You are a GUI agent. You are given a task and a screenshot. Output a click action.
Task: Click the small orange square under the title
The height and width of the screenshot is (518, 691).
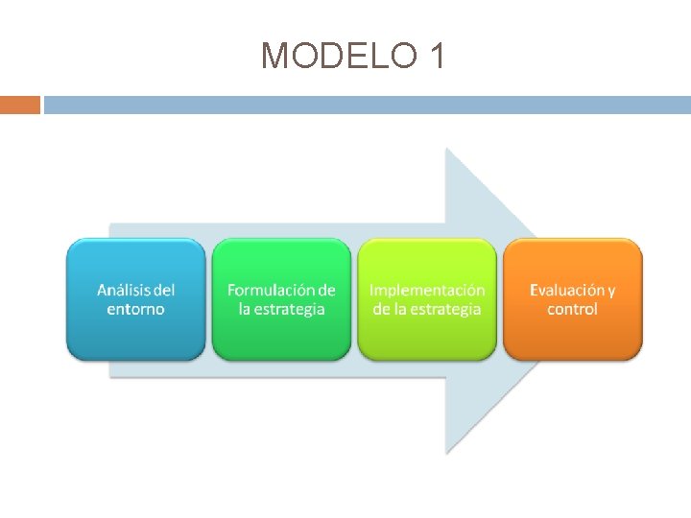[20, 105]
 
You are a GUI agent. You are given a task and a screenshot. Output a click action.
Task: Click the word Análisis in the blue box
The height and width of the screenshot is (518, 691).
[124, 290]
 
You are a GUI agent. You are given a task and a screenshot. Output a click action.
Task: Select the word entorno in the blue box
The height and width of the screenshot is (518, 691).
[136, 309]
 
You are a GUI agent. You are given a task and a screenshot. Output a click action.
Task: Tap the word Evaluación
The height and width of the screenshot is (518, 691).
[565, 290]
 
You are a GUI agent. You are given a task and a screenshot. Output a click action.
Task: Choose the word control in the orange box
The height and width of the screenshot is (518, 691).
[573, 309]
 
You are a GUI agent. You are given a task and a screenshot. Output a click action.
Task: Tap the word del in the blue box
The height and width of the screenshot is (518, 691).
[165, 290]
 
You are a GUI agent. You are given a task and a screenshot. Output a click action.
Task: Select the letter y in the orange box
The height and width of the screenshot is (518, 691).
[611, 291]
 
